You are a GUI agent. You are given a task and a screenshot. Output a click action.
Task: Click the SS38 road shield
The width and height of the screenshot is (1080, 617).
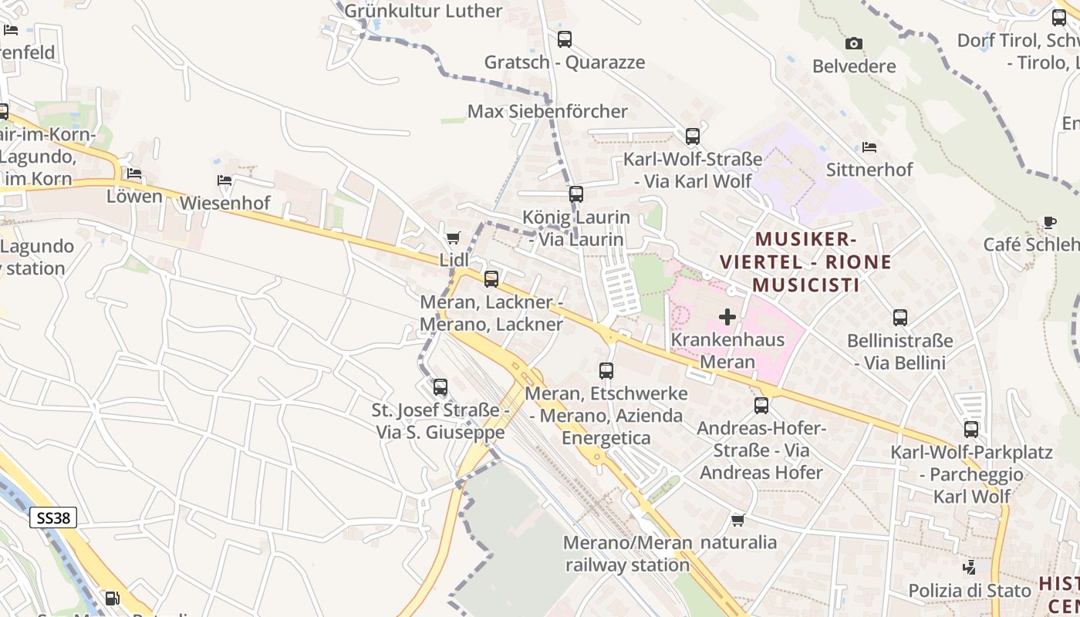(x=54, y=518)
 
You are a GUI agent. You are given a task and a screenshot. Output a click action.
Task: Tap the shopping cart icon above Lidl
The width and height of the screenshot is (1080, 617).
(x=453, y=238)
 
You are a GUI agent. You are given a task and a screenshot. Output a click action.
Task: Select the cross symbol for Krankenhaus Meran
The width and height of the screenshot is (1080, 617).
(x=727, y=317)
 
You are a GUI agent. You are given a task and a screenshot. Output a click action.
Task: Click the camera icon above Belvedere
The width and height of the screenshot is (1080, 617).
(x=853, y=43)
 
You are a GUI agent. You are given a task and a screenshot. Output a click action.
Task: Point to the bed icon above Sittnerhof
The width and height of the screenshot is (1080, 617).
(x=869, y=147)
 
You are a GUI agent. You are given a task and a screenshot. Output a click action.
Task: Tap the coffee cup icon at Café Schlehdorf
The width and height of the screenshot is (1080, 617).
(x=1049, y=222)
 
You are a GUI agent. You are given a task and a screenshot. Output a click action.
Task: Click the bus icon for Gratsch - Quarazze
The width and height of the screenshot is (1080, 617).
(x=565, y=39)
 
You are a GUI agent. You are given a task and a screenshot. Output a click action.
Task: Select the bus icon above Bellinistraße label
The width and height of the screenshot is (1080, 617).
(x=899, y=318)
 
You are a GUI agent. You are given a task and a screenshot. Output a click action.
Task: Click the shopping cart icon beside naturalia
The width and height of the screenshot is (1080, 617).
(x=737, y=520)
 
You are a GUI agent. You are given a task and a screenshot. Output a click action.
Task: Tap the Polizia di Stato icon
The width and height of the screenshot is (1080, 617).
(x=970, y=568)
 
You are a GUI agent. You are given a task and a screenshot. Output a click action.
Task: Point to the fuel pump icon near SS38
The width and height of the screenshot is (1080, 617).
(x=112, y=598)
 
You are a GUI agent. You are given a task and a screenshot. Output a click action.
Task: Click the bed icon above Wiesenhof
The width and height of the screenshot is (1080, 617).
(x=224, y=180)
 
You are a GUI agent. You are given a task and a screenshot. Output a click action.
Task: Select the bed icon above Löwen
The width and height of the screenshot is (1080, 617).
(x=134, y=174)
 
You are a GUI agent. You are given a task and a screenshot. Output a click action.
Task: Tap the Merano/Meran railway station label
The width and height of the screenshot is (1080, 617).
(x=627, y=554)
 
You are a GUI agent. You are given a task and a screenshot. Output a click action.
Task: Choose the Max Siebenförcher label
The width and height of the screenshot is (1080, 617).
(x=548, y=112)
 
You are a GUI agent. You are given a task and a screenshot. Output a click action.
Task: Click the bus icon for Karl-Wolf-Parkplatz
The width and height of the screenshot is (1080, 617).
(x=970, y=430)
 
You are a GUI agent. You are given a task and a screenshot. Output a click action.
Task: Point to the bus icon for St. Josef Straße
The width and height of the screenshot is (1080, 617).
(x=440, y=387)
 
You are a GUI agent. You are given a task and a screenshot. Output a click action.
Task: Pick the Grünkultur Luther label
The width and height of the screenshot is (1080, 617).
(x=424, y=11)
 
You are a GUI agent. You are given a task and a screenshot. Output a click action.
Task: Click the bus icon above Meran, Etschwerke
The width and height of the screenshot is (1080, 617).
(x=606, y=371)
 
